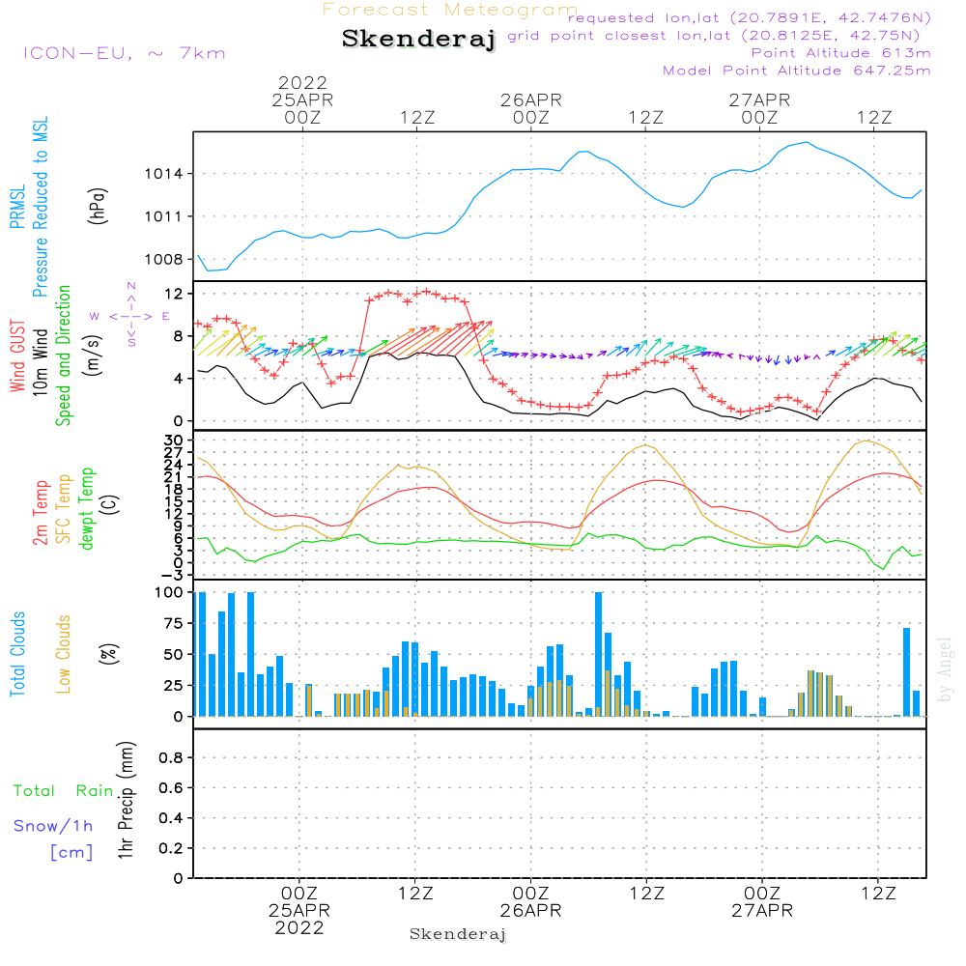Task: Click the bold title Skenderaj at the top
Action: pyautogui.click(x=418, y=40)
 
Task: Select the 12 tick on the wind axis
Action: pyautogui.click(x=175, y=293)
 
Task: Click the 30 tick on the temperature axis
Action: pyautogui.click(x=176, y=440)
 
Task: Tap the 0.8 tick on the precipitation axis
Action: pyautogui.click(x=171, y=758)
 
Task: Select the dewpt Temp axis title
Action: pyautogui.click(x=87, y=509)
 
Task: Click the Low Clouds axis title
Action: pyautogui.click(x=64, y=654)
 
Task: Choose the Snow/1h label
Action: pyautogui.click(x=54, y=827)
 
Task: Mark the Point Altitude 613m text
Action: pyautogui.click(x=840, y=53)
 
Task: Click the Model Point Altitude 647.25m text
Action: pyautogui.click(x=796, y=71)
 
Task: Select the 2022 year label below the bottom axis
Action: pyautogui.click(x=299, y=928)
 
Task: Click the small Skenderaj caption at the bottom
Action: pyautogui.click(x=458, y=935)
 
